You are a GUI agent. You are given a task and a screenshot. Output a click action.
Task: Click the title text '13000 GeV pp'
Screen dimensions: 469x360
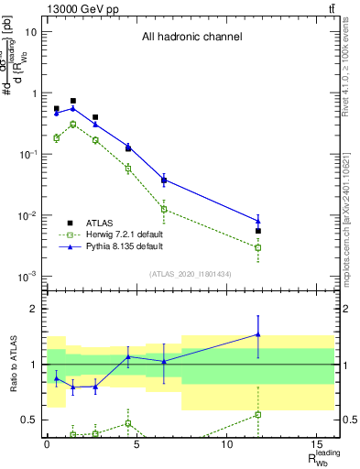click(82, 8)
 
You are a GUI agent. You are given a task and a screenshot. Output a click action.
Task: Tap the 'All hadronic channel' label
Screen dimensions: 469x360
click(191, 38)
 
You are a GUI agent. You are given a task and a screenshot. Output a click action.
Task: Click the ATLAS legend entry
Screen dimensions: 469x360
click(101, 222)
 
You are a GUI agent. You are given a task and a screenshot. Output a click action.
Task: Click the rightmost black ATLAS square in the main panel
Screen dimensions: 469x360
click(258, 231)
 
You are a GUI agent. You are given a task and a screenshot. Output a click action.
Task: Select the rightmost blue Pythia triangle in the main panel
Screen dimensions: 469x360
click(258, 220)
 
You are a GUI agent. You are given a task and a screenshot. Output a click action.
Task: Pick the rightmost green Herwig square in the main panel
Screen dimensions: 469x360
click(258, 247)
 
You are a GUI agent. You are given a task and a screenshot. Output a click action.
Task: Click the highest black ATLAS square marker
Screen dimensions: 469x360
click(73, 101)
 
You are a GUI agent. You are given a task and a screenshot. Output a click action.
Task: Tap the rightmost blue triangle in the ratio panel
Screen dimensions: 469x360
click(258, 334)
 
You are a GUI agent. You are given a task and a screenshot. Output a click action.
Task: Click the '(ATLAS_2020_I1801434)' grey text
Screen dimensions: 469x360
click(189, 274)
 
